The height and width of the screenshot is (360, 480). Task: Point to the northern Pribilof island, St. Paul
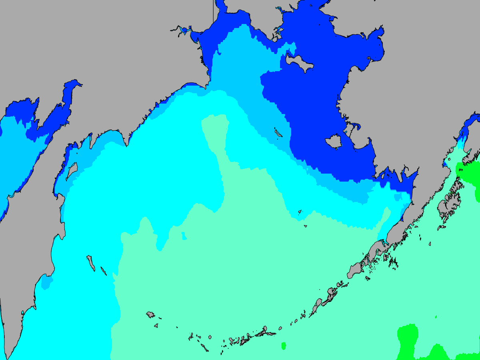tap(300, 212)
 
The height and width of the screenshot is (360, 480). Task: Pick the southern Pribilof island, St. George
tap(305, 226)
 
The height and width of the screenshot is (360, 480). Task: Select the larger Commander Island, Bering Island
tap(91, 263)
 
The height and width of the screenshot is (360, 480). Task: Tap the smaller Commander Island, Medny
tap(104, 271)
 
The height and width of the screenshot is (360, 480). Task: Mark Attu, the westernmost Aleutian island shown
tap(150, 314)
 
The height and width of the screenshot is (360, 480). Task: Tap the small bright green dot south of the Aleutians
tap(284, 345)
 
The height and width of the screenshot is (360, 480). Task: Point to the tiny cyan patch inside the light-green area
tap(184, 236)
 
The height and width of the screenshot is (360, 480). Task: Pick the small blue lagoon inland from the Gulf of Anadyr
tap(184, 30)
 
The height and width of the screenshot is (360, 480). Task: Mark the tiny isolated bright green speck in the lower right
tap(436, 317)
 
